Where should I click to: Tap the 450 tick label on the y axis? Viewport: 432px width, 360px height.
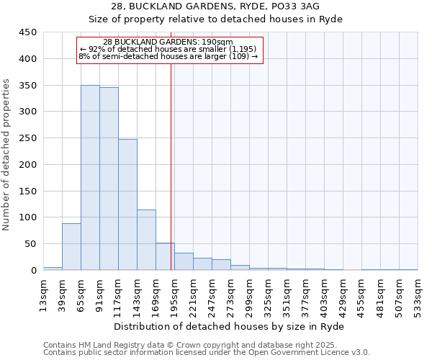[28, 32]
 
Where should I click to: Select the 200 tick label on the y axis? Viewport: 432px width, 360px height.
[28, 165]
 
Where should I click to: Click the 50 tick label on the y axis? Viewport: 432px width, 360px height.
[31, 244]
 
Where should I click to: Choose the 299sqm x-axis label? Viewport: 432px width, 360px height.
[250, 293]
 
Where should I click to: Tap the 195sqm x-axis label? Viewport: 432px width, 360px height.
[175, 293]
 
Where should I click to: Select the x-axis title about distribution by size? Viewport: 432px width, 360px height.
[229, 326]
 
